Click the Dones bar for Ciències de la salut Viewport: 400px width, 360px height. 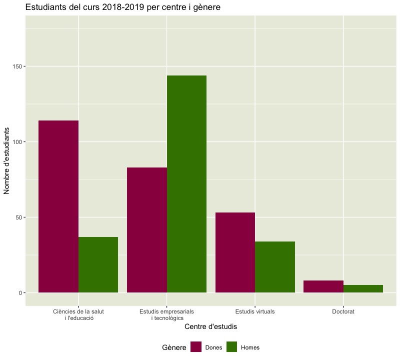tap(58, 206)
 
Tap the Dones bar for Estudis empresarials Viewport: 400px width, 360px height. tap(147, 229)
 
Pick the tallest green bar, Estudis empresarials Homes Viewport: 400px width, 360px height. tap(186, 183)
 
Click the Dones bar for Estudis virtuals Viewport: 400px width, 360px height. tap(235, 252)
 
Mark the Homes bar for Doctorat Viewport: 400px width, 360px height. tap(363, 288)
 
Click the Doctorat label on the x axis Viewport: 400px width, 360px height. tap(343, 311)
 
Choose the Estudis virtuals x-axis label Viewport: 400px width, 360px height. tap(255, 311)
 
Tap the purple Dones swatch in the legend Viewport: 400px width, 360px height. tap(195, 347)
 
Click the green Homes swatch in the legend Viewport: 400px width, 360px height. tap(231, 347)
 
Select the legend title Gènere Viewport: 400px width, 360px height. tap(174, 347)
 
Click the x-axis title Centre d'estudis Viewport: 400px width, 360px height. tap(210, 327)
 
